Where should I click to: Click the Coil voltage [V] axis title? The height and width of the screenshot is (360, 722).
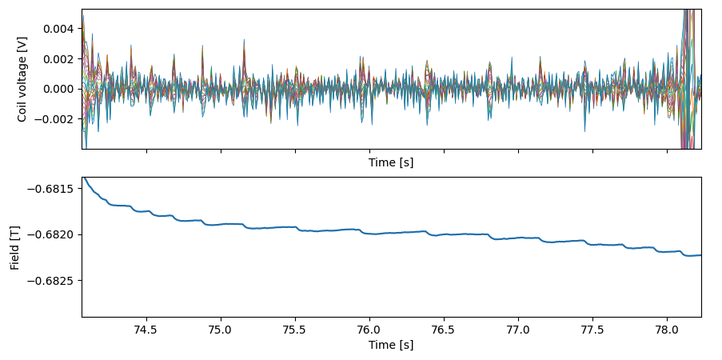pyautogui.click(x=22, y=79)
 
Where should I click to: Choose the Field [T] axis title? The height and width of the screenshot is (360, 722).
pyautogui.click(x=16, y=247)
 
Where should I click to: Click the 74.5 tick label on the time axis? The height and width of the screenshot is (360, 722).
pyautogui.click(x=146, y=330)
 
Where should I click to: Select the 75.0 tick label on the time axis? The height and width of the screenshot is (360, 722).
pyautogui.click(x=220, y=330)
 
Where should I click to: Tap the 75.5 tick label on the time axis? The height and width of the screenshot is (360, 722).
pyautogui.click(x=295, y=330)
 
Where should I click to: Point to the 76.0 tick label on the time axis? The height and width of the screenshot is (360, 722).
pyautogui.click(x=369, y=330)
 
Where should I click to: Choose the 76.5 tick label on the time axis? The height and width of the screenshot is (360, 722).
pyautogui.click(x=444, y=330)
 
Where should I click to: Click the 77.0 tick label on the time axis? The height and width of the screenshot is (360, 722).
pyautogui.click(x=518, y=330)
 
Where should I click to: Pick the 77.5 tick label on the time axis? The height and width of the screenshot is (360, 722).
pyautogui.click(x=592, y=330)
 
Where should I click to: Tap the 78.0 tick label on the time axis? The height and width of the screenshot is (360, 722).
pyautogui.click(x=667, y=330)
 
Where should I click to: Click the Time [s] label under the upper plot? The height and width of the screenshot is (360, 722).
pyautogui.click(x=391, y=162)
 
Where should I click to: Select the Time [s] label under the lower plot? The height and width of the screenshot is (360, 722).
pyautogui.click(x=391, y=345)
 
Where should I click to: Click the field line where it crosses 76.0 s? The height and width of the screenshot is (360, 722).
pyautogui.click(x=369, y=233)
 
